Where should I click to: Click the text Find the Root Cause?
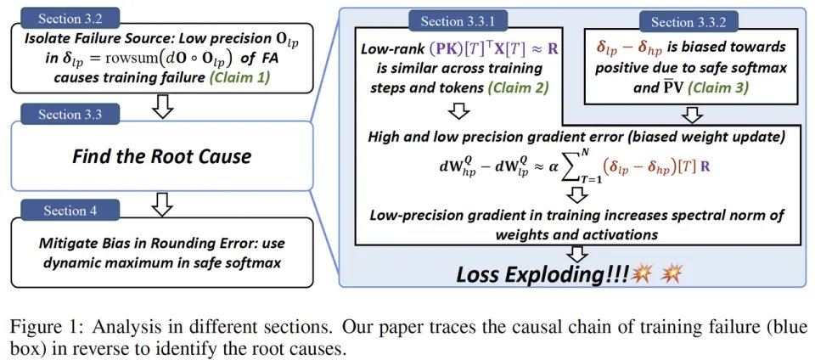(161, 157)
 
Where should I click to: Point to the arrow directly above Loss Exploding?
(578, 253)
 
